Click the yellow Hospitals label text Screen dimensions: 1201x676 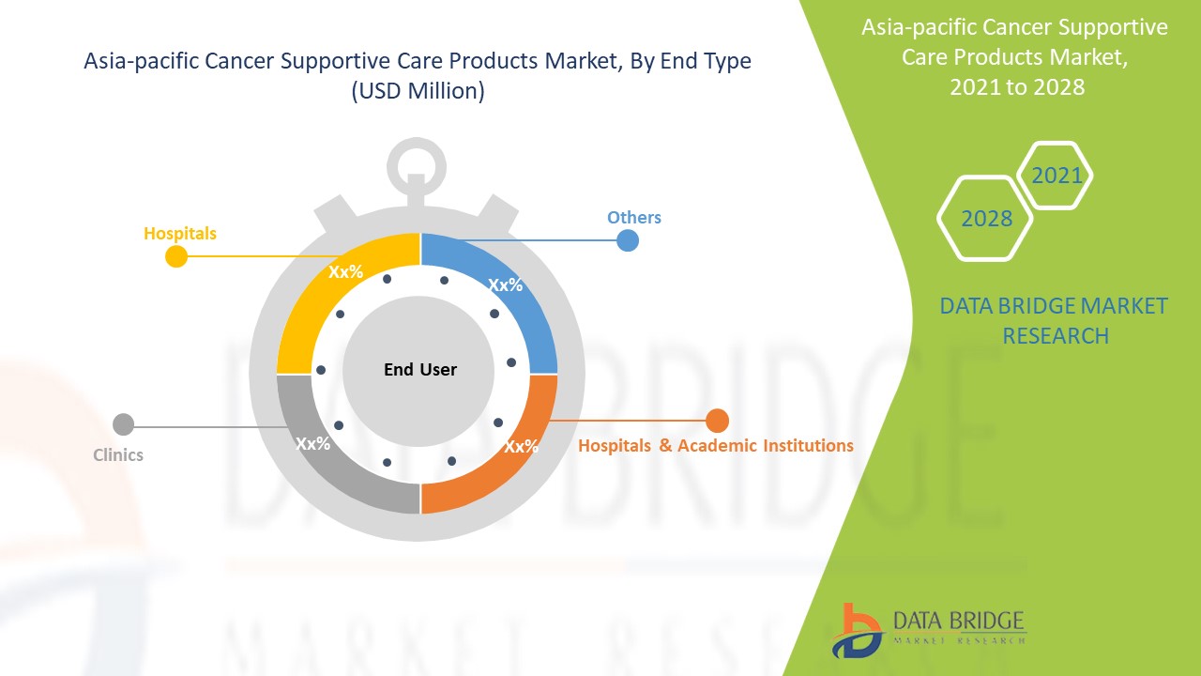point(180,234)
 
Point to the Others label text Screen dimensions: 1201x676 point(633,217)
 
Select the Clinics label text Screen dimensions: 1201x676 point(118,455)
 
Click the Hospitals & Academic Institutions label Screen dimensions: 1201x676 point(716,445)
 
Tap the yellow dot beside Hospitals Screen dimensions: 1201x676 point(176,256)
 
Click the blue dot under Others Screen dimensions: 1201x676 point(628,240)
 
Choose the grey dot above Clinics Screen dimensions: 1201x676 point(123,424)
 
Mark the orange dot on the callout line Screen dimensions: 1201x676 point(717,421)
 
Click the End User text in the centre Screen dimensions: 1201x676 point(420,369)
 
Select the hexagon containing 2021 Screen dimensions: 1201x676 point(1055,176)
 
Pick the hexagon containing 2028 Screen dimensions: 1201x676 point(985,219)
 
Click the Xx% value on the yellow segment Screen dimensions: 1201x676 point(346,271)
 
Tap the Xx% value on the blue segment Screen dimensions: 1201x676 point(506,284)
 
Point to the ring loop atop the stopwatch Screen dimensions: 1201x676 point(417,167)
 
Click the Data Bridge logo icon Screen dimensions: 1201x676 point(858,631)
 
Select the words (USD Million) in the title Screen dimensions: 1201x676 point(418,91)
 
